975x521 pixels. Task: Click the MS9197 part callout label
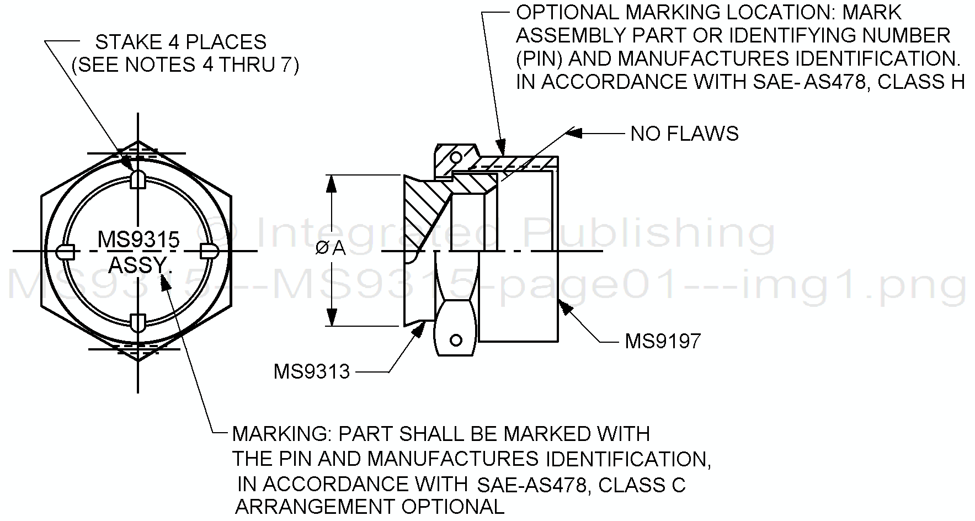tap(662, 341)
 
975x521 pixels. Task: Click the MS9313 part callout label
tap(312, 372)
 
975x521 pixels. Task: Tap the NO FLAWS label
tap(684, 134)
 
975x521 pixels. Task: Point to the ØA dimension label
tap(331, 249)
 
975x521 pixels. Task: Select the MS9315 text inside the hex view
tap(138, 240)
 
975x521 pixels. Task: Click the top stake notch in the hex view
tap(138, 180)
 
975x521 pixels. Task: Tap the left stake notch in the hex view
tap(65, 251)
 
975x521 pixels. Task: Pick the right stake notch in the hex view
tap(210, 251)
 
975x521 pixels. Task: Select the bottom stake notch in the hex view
tap(138, 322)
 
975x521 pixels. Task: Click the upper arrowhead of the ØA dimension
tap(332, 185)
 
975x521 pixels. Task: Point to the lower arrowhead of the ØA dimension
tap(332, 316)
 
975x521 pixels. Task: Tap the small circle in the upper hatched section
tap(456, 158)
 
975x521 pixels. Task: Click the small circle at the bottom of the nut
tap(456, 339)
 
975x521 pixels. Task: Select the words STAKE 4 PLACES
tap(181, 42)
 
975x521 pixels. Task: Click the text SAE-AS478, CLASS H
tap(858, 82)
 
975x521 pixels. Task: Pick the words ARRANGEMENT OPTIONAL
tap(370, 507)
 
